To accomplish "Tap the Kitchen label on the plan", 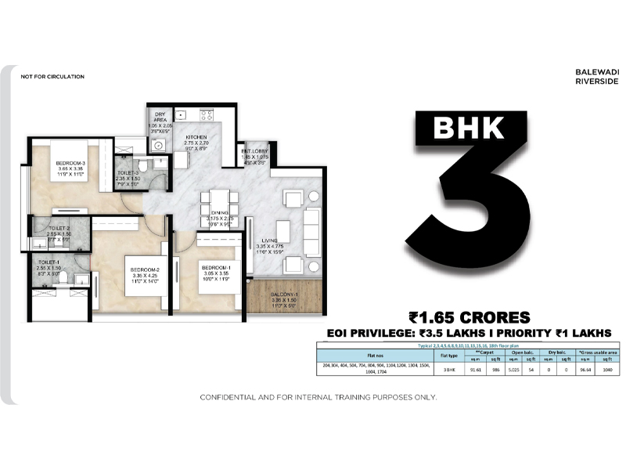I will tap(196, 137).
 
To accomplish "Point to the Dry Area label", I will tap(162, 115).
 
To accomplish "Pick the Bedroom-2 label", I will tap(145, 270).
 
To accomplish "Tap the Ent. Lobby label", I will tap(256, 150).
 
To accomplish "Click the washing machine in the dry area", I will tap(158, 145).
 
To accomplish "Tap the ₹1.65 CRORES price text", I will tap(469, 317).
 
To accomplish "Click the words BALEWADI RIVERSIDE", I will tap(597, 75).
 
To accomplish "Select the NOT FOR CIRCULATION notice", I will tap(53, 77).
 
